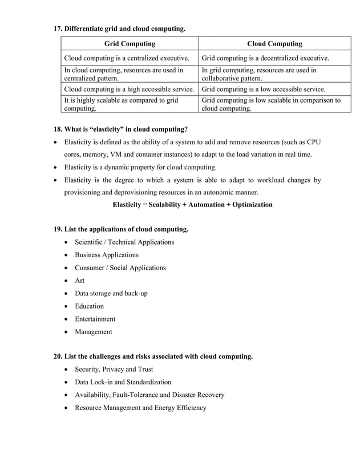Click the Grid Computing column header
pos(130,43)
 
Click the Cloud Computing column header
pos(274,43)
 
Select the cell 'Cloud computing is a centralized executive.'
pos(127,58)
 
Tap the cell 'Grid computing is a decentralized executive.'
pos(265,58)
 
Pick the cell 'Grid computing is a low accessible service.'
pos(264,89)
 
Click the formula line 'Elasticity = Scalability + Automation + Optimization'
pos(192,204)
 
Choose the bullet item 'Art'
pos(79,281)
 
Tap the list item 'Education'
pos(89,306)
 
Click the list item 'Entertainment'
pos(95,319)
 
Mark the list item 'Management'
pos(93,332)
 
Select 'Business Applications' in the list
pos(106,255)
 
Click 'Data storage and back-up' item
pos(111,293)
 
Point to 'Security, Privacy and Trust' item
pos(114,370)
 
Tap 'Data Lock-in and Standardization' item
pos(123,382)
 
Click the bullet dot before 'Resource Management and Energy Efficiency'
pos(68,408)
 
